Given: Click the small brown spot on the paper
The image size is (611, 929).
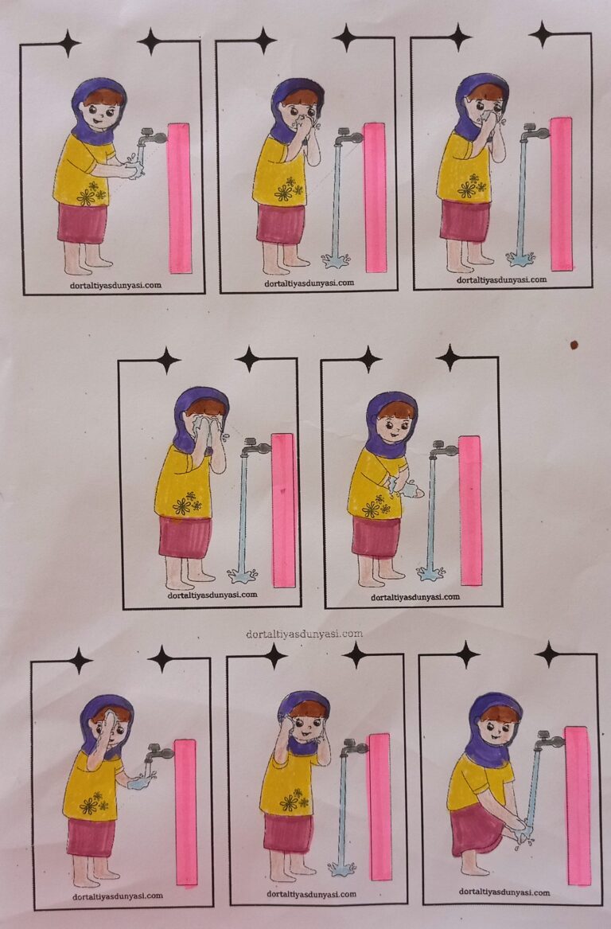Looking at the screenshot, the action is [x=574, y=345].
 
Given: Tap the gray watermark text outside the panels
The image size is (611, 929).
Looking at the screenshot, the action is [x=305, y=634].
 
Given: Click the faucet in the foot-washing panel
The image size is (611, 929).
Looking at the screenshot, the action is [x=548, y=740].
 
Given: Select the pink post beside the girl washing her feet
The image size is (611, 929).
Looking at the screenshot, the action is [x=578, y=806].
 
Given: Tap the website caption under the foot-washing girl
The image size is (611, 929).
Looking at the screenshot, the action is [x=504, y=892].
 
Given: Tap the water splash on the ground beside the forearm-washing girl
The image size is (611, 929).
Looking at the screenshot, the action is [x=430, y=573].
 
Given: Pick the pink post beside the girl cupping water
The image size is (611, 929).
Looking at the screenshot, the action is [x=185, y=812].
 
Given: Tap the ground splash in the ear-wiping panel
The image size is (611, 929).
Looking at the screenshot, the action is [x=342, y=868].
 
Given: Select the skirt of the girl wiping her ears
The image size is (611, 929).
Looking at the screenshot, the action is [x=288, y=833].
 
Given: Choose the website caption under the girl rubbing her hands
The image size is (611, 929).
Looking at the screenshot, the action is [x=115, y=286].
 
